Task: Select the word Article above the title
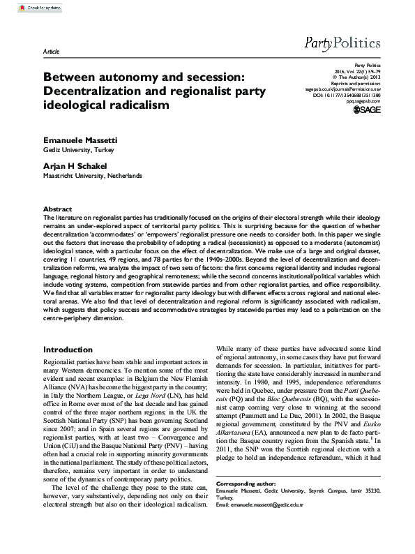[x=52, y=52]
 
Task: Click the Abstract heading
[x=57, y=209]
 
